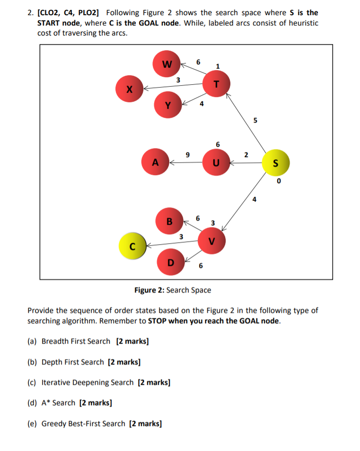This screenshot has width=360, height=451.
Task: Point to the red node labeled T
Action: pyautogui.click(x=216, y=84)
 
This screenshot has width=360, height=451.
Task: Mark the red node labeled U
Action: pyautogui.click(x=216, y=162)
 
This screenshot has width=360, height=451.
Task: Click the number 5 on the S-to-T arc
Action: pyautogui.click(x=255, y=120)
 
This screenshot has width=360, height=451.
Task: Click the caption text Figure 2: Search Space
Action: pyautogui.click(x=173, y=290)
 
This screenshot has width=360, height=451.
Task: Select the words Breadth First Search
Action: pyautogui.click(x=76, y=341)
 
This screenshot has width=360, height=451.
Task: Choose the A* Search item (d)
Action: pyautogui.click(x=58, y=403)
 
